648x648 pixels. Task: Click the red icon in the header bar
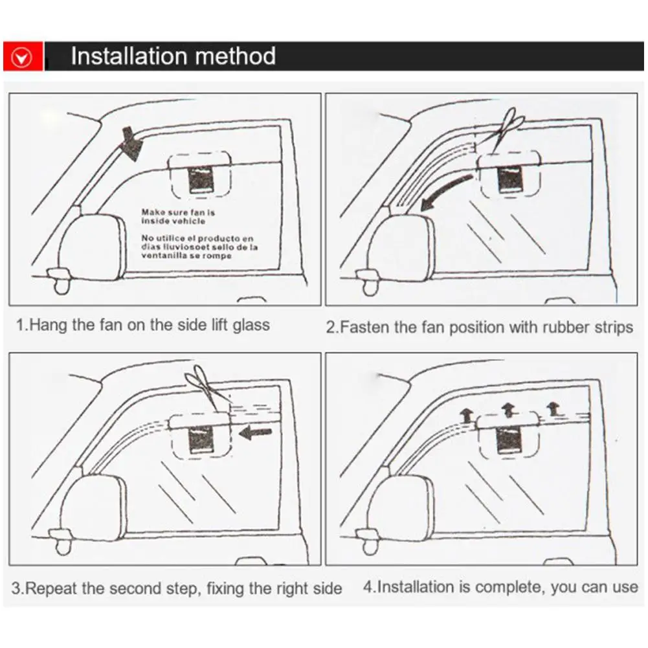click(23, 57)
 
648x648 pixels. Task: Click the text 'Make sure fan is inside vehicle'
click(178, 216)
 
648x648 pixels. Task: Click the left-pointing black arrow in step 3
click(254, 433)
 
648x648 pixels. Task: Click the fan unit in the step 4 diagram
click(509, 440)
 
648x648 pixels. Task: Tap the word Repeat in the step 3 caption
click(52, 588)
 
